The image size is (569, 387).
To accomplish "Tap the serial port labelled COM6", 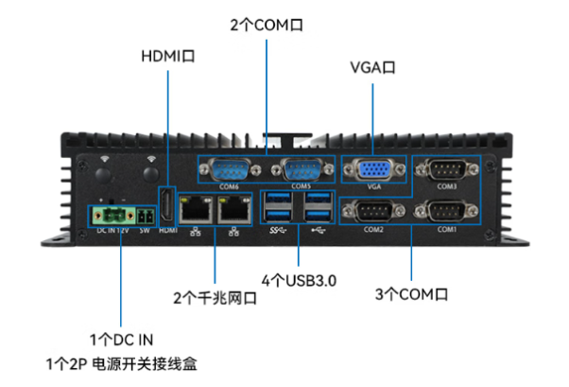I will coord(228,171).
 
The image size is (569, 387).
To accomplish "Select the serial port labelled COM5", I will coord(301,171).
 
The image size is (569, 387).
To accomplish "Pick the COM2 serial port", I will coord(373,211).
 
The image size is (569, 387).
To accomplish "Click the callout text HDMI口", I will coord(167,57).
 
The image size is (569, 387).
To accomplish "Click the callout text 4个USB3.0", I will coord(300,281).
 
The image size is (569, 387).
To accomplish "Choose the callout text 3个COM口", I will coord(411,294).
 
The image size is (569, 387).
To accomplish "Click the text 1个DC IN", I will coord(121,339).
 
